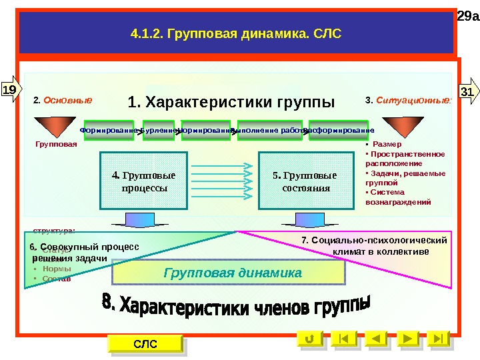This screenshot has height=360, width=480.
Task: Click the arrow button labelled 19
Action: [10, 89]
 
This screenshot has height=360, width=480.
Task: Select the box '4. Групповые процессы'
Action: [143, 182]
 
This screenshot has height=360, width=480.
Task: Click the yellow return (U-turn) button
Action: [309, 339]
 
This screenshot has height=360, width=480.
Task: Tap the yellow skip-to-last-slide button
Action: [438, 339]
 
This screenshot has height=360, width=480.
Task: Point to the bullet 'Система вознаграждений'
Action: [399, 197]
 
